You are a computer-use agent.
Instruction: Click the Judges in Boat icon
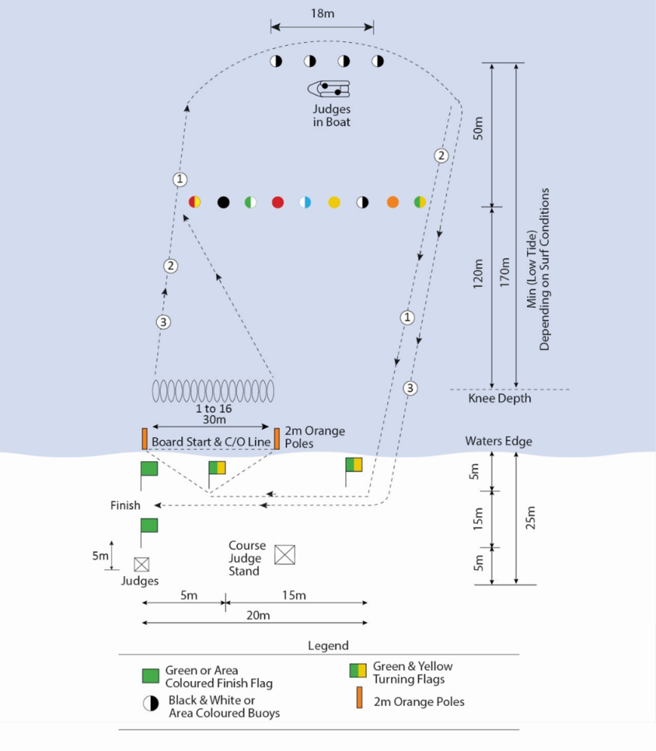coord(329,89)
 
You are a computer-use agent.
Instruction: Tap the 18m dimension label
coord(322,13)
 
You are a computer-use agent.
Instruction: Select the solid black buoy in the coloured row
coord(223,202)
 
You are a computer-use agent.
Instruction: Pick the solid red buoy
coord(278,202)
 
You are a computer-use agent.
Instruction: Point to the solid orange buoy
coord(393,202)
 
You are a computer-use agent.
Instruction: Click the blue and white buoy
coord(305,202)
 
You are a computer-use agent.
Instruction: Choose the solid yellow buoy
coord(334,202)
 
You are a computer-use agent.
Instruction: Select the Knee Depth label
coord(499,398)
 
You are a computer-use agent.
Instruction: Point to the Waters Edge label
coord(498,441)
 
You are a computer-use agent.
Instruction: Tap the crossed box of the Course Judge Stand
coord(284,555)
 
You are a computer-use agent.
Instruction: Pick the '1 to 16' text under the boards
coord(212,409)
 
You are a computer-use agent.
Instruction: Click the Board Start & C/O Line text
coord(211,442)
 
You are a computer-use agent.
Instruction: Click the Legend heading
coord(328,646)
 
